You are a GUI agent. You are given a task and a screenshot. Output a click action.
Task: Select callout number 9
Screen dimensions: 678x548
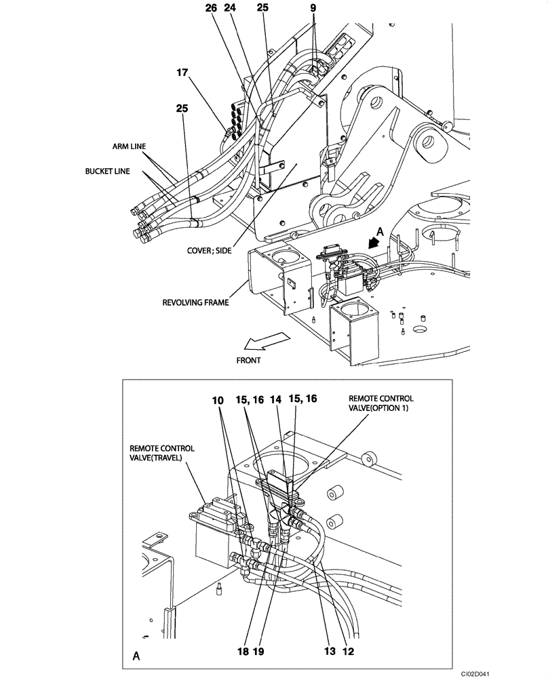coord(312,9)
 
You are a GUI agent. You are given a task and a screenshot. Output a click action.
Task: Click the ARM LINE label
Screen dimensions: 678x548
coord(130,146)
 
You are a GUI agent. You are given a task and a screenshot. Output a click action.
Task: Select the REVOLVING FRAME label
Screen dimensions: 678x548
coord(195,302)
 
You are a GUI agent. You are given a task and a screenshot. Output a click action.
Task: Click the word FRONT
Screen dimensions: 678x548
coord(248,361)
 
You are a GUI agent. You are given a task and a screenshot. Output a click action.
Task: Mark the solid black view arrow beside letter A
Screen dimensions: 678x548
coord(372,241)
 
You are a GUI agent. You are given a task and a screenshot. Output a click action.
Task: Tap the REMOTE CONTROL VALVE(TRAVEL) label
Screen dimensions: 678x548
coord(162,454)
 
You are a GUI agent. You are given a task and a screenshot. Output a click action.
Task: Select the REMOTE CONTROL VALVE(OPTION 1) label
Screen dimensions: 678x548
coord(380,404)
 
